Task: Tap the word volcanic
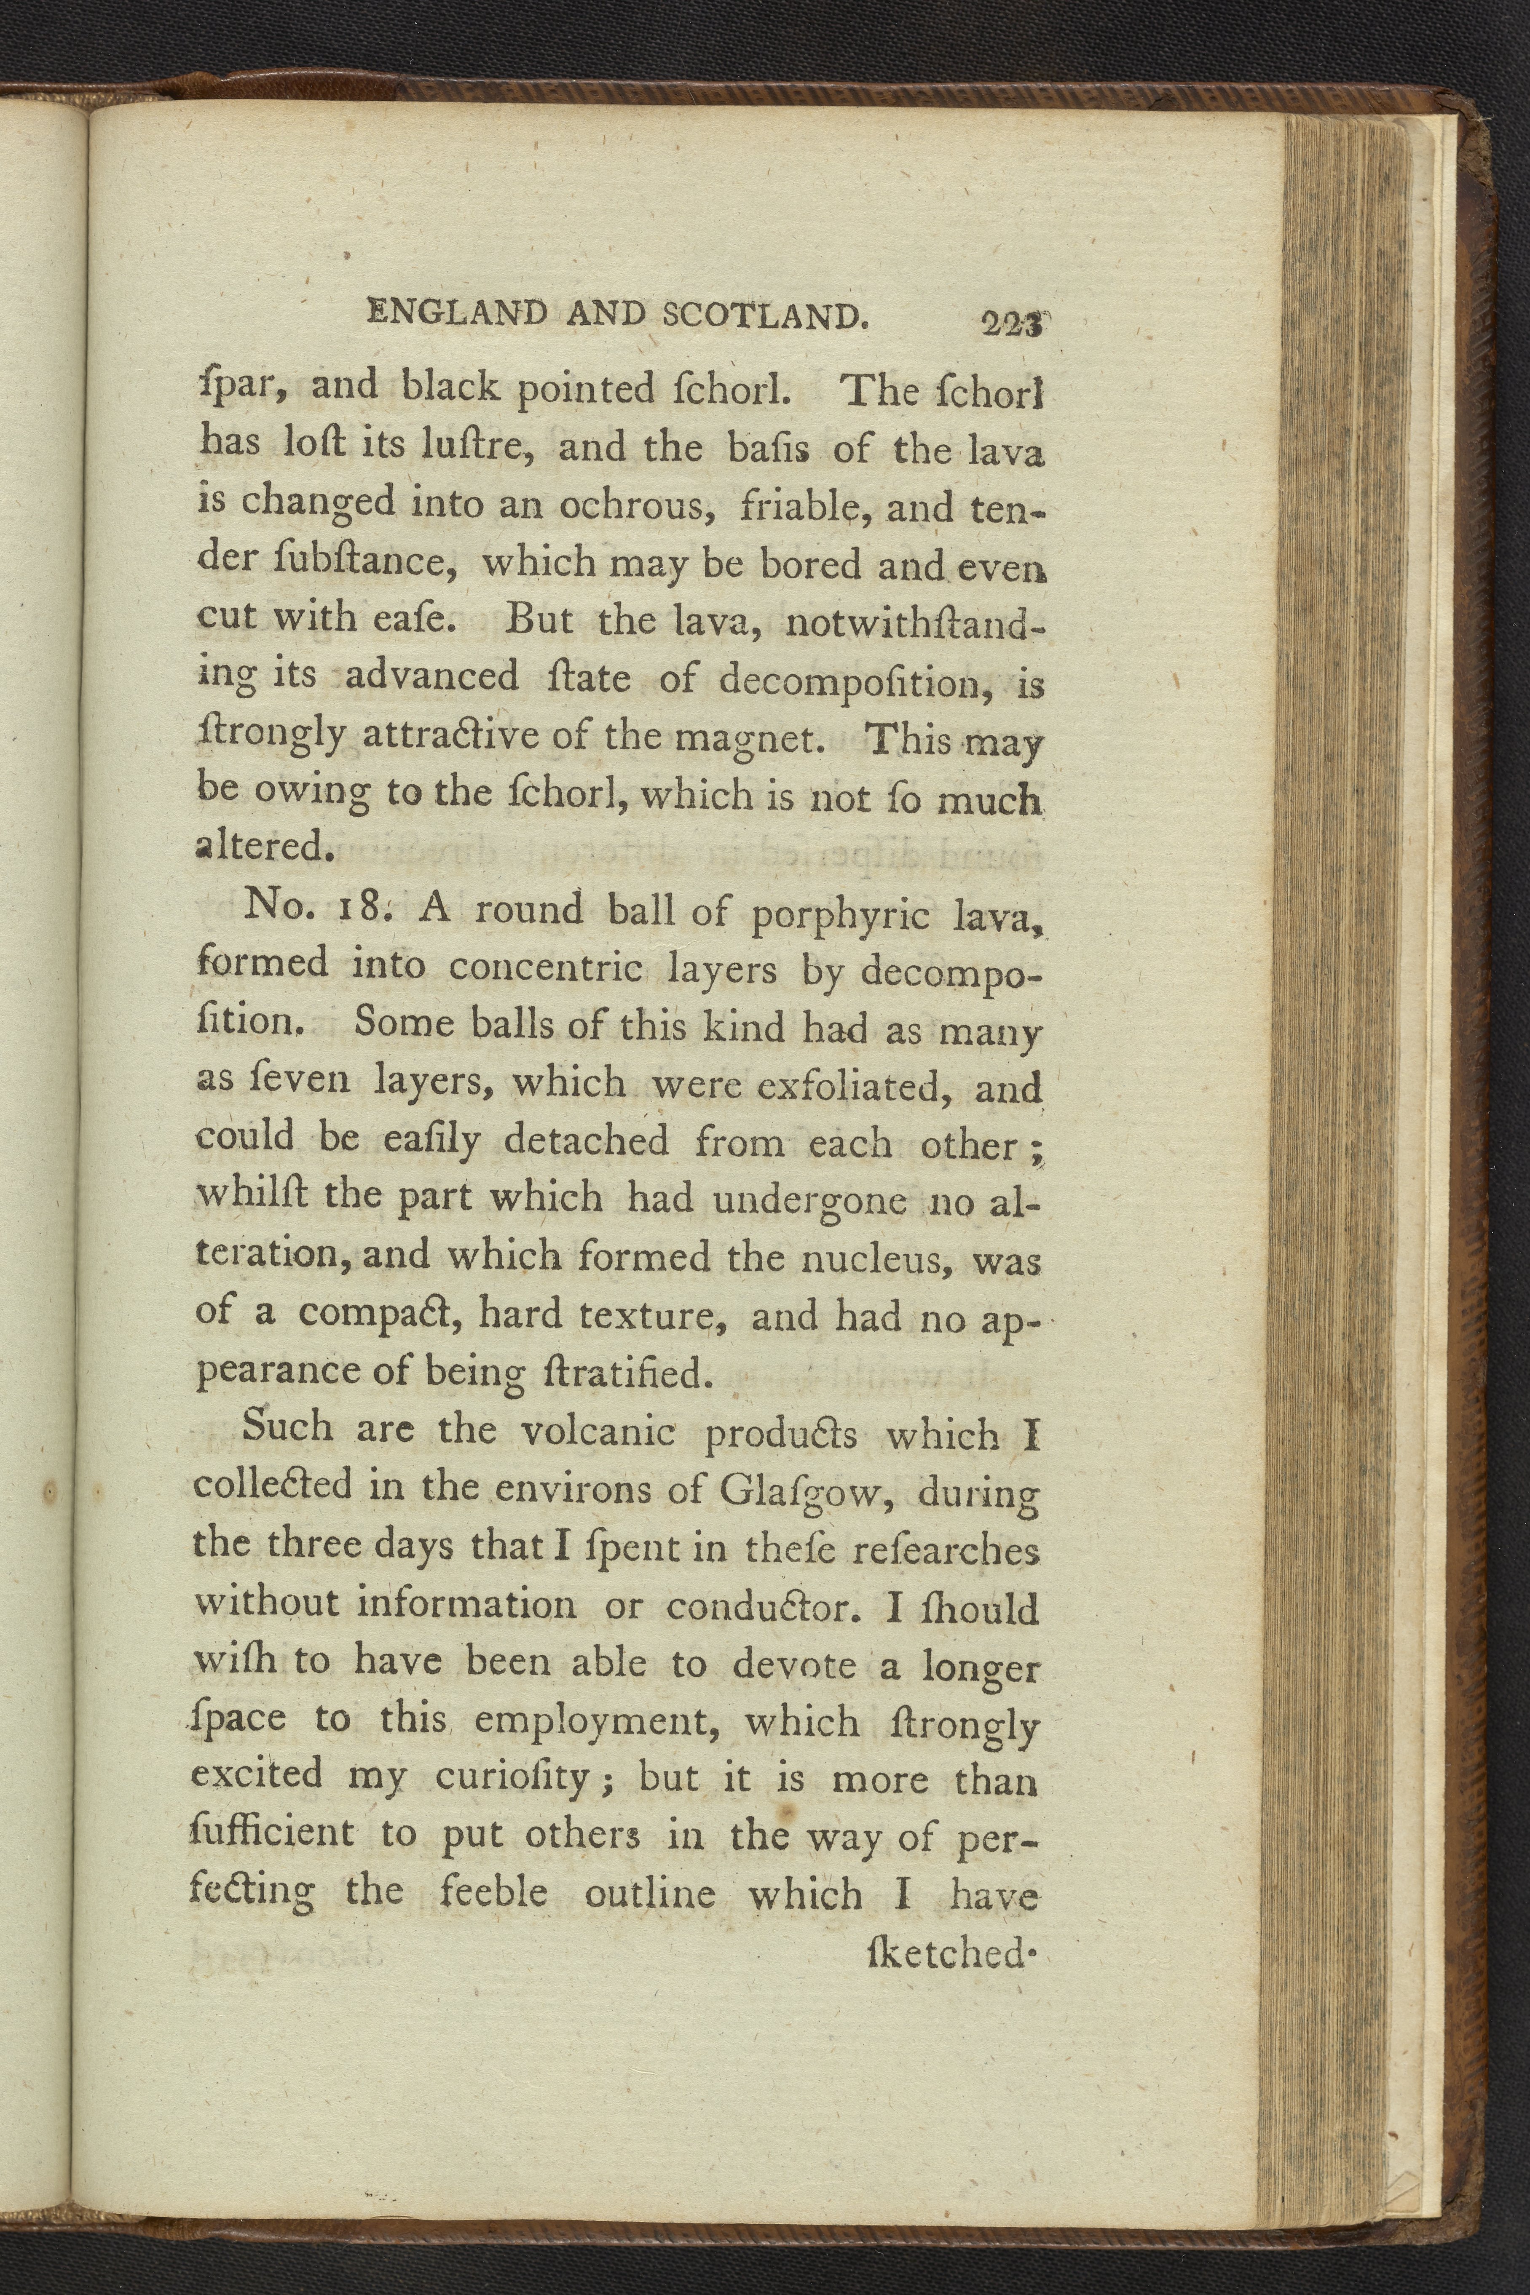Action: (597, 1431)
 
